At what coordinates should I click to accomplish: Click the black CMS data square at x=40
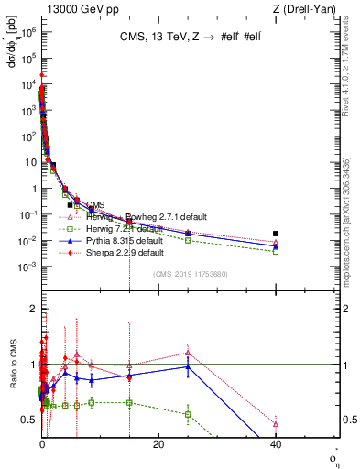[276, 234]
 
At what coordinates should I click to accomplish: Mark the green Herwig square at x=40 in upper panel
[276, 251]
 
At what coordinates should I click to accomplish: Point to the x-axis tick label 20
[158, 444]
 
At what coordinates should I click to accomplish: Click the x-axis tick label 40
[276, 444]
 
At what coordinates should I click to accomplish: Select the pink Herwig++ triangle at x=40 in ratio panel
[276, 423]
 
